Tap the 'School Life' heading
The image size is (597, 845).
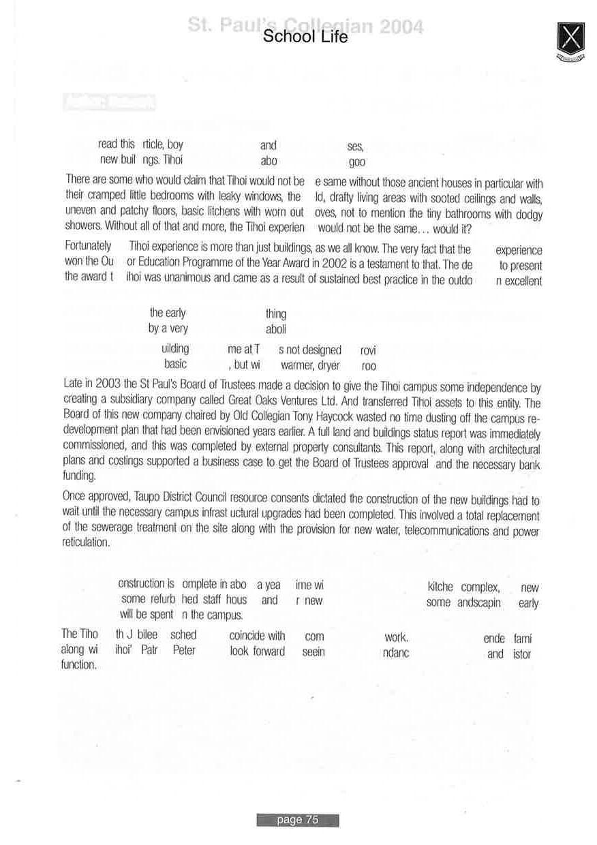coord(305,37)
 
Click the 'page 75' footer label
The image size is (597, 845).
coord(298,820)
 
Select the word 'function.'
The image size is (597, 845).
coord(79,664)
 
